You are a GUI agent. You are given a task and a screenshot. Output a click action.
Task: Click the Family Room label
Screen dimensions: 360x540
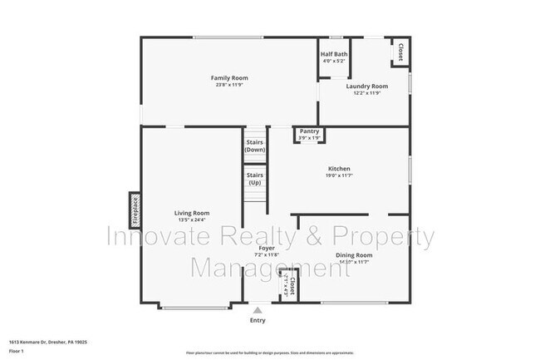228,78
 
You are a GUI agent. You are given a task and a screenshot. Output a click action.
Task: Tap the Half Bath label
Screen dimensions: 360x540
334,55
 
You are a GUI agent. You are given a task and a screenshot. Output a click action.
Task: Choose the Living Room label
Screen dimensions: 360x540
191,213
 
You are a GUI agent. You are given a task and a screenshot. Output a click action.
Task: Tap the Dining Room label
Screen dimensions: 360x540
353,255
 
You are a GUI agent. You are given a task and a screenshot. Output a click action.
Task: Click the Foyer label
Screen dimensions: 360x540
267,248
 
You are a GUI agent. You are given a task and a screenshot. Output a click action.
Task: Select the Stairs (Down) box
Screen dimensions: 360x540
254,145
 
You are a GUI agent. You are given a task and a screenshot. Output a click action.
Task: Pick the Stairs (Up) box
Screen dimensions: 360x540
254,178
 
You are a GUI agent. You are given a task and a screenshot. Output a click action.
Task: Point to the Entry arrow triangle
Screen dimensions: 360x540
258,309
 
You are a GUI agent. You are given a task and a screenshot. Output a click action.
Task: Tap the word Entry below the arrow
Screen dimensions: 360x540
258,320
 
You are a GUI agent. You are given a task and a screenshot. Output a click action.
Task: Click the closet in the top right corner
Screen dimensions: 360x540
400,52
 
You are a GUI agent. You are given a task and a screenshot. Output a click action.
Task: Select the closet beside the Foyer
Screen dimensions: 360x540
291,286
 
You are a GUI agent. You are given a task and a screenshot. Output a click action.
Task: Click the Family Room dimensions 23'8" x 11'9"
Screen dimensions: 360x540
228,85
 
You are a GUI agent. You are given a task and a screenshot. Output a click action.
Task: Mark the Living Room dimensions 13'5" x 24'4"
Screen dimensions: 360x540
191,220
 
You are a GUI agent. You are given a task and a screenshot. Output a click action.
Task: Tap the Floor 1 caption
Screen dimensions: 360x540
17,352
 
